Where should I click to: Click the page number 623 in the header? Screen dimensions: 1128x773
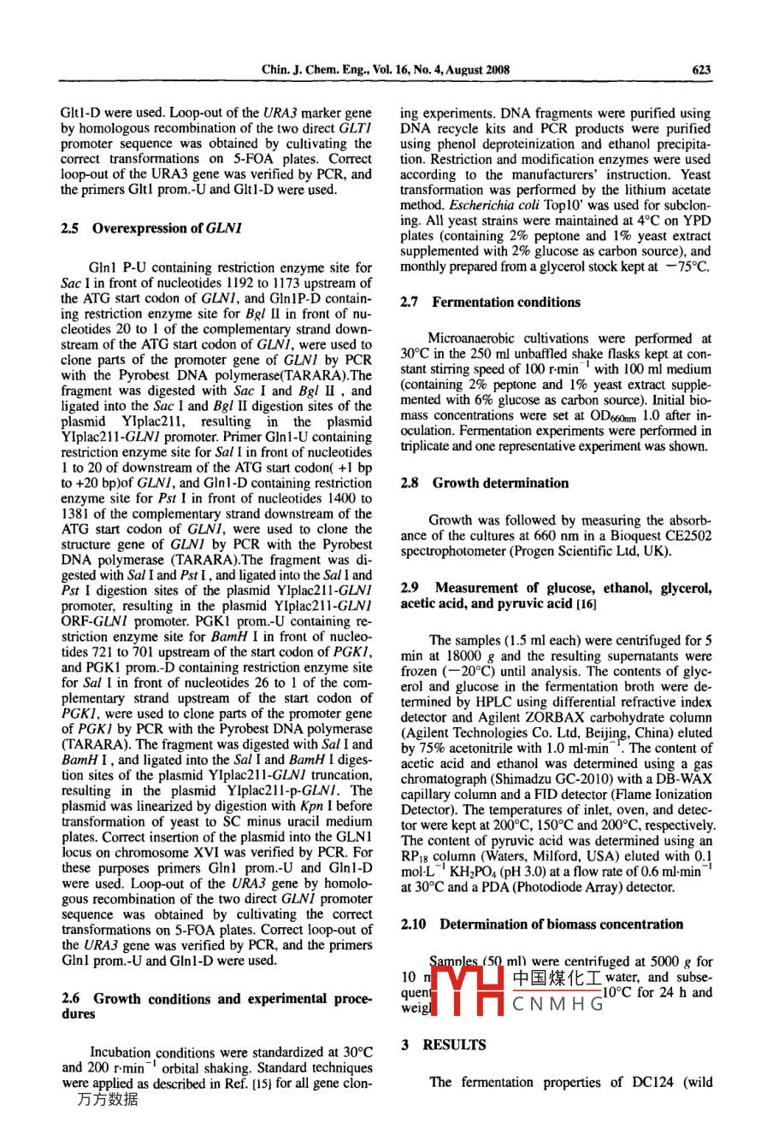click(x=701, y=71)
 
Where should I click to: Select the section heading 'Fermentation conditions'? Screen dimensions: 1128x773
click(x=506, y=303)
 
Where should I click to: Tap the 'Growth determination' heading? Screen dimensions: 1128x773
click(x=500, y=483)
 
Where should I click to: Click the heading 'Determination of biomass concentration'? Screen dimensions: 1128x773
click(x=561, y=925)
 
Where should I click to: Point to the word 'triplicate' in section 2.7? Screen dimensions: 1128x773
click(x=428, y=447)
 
